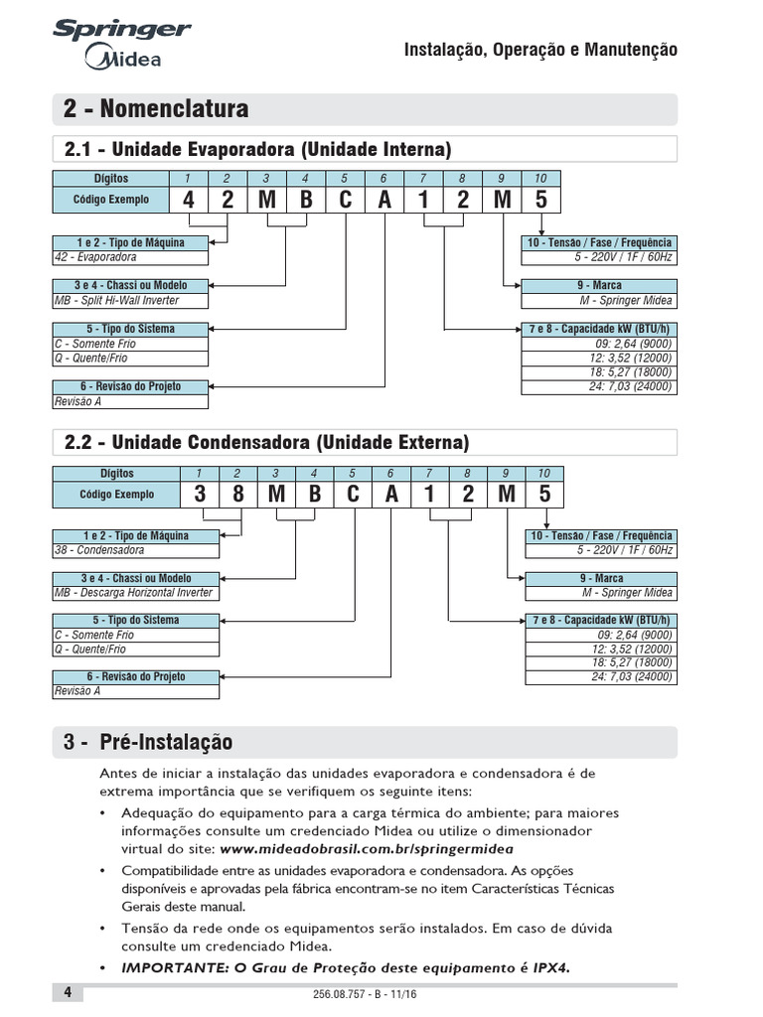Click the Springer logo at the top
122,30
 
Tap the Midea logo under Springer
124,60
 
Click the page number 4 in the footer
68,992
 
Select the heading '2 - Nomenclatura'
156,108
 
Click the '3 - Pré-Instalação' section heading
148,742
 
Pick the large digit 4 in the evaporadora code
189,200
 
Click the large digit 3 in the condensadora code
199,494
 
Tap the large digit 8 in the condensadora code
237,494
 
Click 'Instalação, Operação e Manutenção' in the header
540,50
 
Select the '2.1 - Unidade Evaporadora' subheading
257,149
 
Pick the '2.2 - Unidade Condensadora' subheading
266,442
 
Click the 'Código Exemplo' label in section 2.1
111,200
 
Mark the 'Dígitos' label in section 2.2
116,474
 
